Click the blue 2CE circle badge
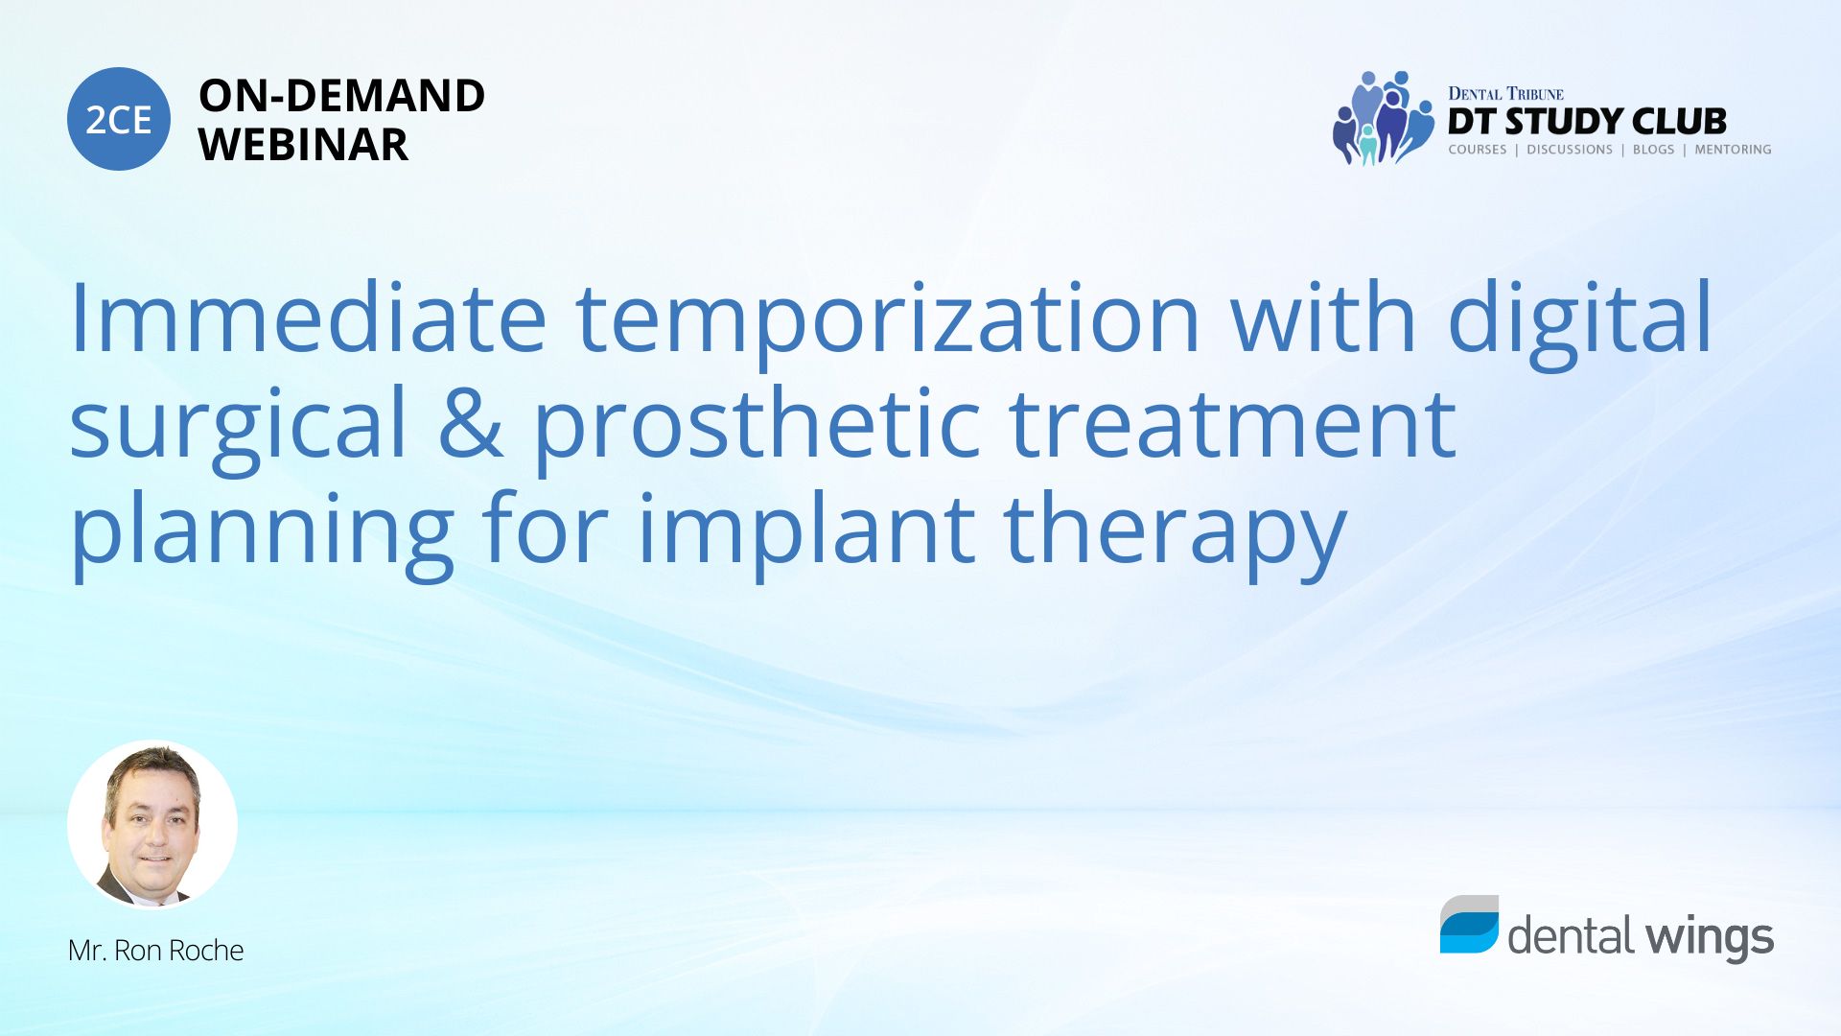[119, 119]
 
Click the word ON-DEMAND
[341, 96]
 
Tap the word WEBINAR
[303, 145]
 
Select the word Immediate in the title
[308, 318]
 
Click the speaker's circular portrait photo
[152, 824]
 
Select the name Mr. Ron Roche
[155, 951]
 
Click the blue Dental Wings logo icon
[1469, 925]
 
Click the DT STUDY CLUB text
[1587, 122]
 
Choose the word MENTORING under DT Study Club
[1733, 150]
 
